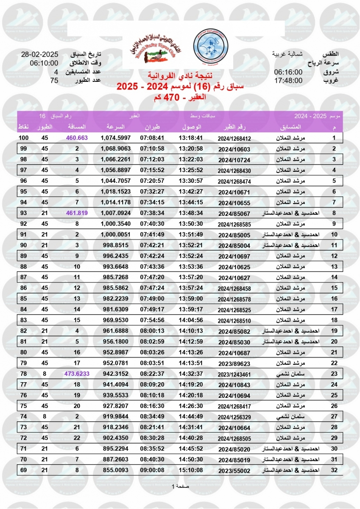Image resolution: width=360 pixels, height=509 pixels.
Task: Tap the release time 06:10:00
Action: tap(44, 63)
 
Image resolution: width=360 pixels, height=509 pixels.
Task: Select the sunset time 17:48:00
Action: tap(288, 80)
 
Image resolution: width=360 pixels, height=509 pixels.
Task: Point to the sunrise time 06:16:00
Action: tap(288, 72)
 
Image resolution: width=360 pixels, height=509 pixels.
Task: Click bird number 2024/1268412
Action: tap(234, 139)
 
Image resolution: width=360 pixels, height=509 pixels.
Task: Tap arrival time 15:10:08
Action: tap(191, 470)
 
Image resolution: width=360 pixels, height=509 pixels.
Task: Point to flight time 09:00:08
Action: tap(152, 470)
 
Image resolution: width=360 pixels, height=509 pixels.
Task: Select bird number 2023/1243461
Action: tap(234, 374)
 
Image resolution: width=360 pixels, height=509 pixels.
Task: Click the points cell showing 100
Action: tap(23, 138)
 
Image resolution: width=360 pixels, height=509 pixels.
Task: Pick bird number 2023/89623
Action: tap(234, 363)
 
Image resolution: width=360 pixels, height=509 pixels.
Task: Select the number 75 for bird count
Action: tap(54, 80)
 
